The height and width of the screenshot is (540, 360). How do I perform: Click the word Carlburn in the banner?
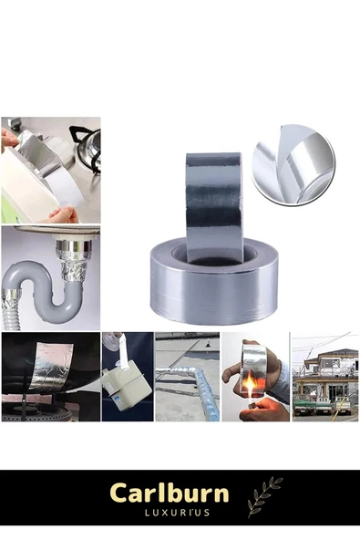pyautogui.click(x=169, y=494)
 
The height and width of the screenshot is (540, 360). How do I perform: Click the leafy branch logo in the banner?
pyautogui.click(x=264, y=495)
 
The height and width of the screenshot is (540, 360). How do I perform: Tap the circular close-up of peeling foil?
pyautogui.click(x=293, y=164)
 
